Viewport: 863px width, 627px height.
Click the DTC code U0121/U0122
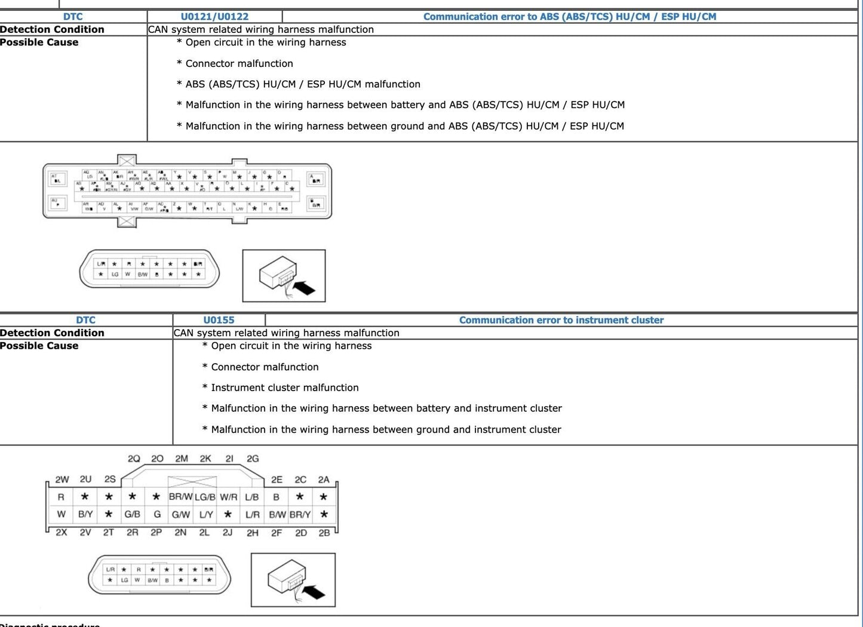(214, 17)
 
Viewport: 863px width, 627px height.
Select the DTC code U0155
(219, 320)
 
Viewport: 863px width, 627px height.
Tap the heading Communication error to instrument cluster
(561, 320)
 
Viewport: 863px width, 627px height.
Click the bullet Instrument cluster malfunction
(284, 388)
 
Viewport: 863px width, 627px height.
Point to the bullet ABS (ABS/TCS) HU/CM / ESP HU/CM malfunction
(302, 84)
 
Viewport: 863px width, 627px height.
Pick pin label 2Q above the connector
(134, 459)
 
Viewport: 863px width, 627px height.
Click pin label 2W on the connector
(62, 480)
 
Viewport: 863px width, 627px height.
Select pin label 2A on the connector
(324, 480)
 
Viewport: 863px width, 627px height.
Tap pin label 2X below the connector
(62, 532)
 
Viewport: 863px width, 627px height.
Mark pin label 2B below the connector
(324, 532)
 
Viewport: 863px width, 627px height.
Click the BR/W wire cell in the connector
(180, 497)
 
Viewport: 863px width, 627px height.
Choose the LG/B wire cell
(205, 497)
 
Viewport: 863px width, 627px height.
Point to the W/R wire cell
(228, 497)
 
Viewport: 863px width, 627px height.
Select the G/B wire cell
(133, 514)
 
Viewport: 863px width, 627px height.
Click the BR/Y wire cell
(300, 514)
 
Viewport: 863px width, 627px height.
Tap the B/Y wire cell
(85, 514)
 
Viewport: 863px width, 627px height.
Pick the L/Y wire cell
(205, 514)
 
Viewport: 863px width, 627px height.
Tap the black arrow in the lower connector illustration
(314, 592)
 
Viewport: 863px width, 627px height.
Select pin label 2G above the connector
(253, 459)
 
